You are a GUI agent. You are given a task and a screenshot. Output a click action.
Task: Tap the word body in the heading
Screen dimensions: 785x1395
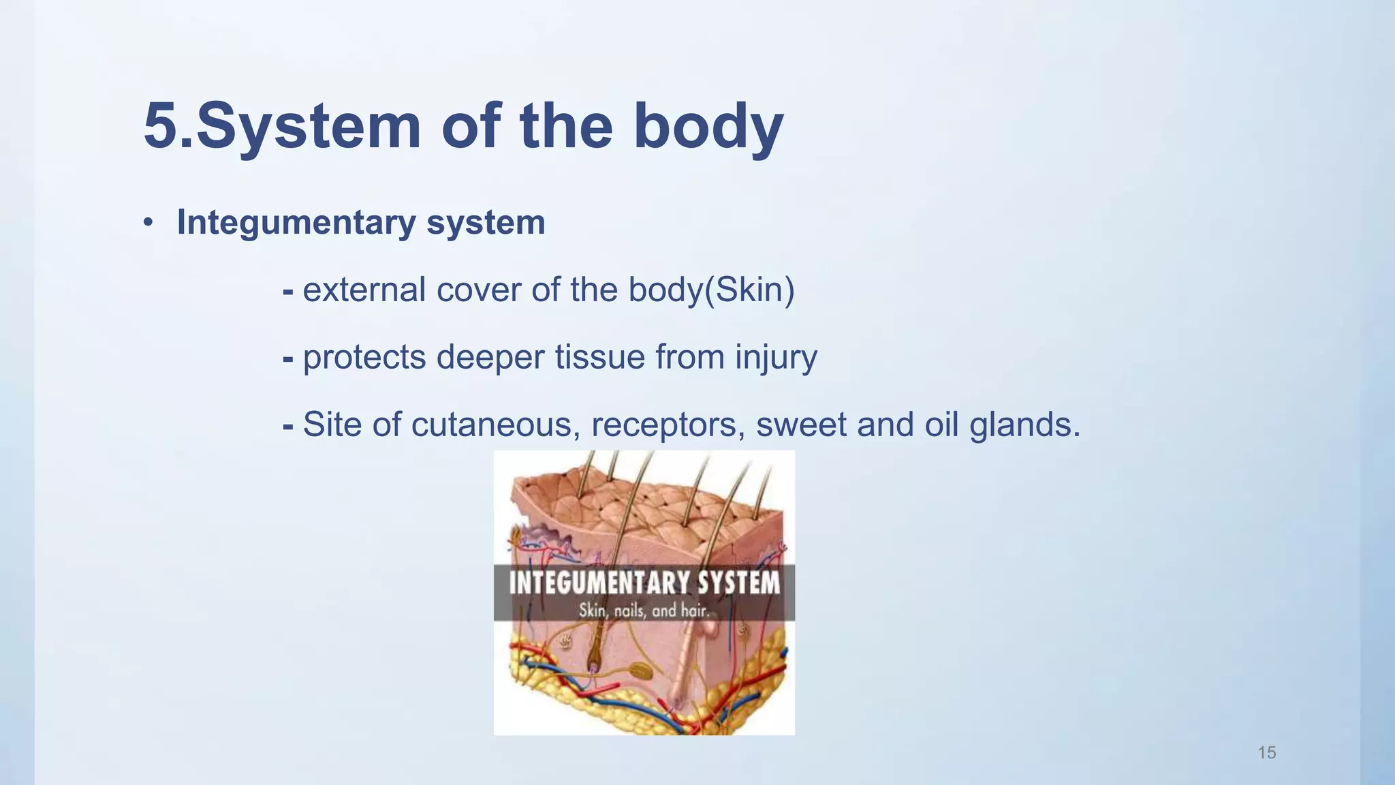(x=708, y=126)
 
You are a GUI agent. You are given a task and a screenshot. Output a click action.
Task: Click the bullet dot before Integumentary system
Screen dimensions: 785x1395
(x=148, y=223)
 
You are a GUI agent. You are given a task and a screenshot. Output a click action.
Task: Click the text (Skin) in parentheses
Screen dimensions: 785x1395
(x=749, y=290)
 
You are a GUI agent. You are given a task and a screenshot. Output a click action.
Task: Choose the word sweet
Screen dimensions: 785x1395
(x=801, y=425)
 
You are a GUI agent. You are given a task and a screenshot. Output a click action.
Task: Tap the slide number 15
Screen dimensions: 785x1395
(x=1266, y=753)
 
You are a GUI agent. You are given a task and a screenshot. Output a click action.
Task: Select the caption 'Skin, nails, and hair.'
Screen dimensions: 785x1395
(x=644, y=611)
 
